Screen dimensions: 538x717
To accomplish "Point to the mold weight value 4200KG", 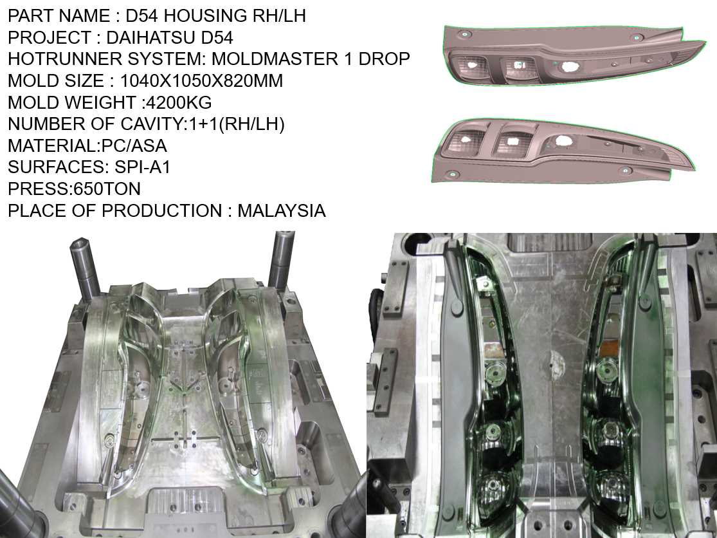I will click(x=176, y=102).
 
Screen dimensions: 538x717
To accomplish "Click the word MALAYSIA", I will click(x=281, y=210).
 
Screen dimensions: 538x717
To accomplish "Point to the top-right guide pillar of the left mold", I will click(x=281, y=257).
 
